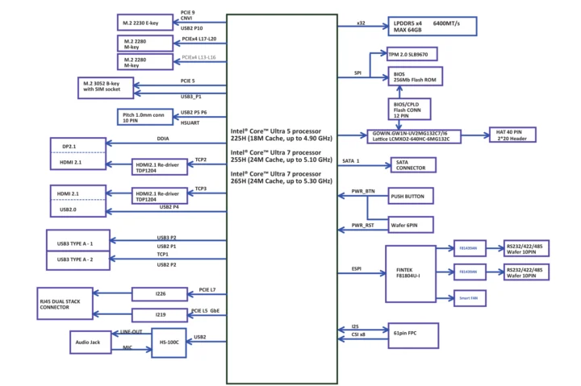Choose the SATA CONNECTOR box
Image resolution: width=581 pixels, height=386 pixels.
412,165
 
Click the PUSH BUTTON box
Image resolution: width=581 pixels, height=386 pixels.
412,196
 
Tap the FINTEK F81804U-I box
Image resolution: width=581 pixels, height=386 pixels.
408,272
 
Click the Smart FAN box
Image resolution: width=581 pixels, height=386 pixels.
469,297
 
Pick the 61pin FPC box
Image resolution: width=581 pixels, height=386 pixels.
411,332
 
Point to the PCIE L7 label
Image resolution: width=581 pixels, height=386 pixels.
207,288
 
